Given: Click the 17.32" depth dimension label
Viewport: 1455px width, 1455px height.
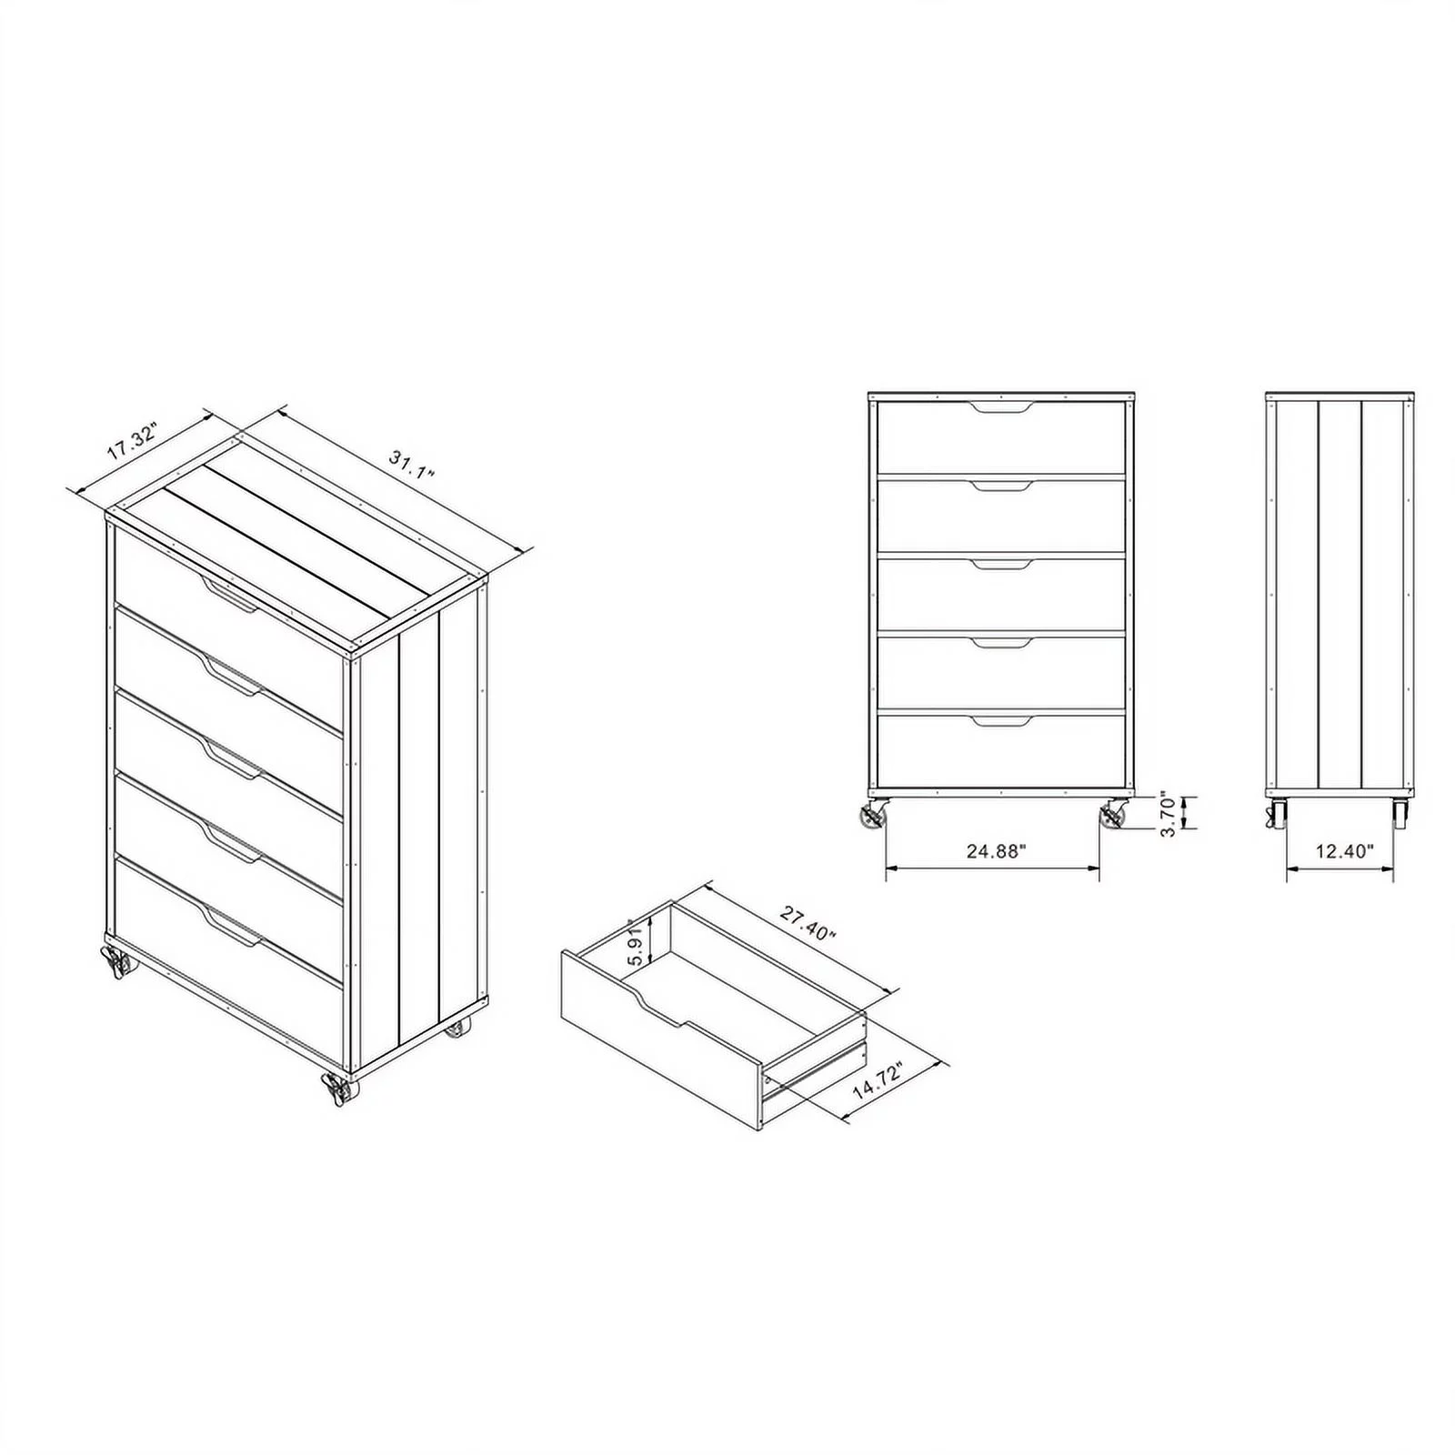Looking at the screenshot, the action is [133, 440].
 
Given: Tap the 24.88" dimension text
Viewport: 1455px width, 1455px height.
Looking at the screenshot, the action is [996, 851].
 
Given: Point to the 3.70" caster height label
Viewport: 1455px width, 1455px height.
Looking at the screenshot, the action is [1169, 815].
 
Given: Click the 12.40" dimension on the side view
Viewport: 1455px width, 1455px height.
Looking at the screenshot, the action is [1344, 851].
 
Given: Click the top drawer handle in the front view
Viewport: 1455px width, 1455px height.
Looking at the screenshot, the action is [1001, 406].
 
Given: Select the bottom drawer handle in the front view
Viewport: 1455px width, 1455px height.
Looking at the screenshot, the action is [1001, 721].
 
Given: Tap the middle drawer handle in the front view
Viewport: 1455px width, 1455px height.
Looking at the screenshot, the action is [1001, 564].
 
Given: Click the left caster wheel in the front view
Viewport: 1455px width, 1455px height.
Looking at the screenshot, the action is [874, 815].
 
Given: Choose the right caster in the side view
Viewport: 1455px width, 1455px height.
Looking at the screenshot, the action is [1400, 814].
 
